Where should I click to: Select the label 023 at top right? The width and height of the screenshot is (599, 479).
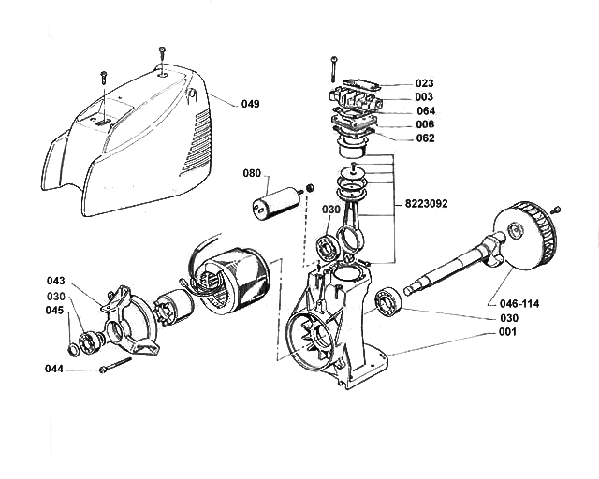425,83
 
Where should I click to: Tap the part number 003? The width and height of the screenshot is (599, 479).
425,97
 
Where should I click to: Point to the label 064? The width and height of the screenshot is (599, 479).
425,111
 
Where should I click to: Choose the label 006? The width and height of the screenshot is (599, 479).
425,124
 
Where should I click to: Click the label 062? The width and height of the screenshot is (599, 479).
425,138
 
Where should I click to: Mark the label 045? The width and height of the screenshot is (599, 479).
56,311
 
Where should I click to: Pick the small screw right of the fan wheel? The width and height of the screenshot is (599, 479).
556,210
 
